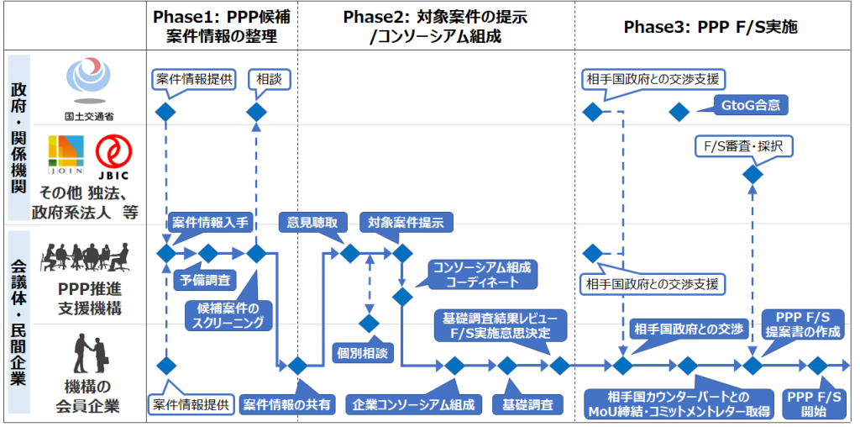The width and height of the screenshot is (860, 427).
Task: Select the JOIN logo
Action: pyautogui.click(x=66, y=156)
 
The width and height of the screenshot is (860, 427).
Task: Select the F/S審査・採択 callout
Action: pyautogui.click(x=742, y=145)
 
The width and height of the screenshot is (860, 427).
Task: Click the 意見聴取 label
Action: pyautogui.click(x=313, y=223)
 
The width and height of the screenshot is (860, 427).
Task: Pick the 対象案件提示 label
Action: pyautogui.click(x=406, y=223)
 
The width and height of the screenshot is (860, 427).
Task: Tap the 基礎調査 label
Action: pyautogui.click(x=527, y=404)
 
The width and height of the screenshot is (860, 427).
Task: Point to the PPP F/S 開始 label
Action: pyautogui.click(x=813, y=403)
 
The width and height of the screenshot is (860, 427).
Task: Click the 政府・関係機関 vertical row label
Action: pyautogui.click(x=18, y=139)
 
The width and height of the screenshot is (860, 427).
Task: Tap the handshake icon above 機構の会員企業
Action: pyautogui.click(x=92, y=353)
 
